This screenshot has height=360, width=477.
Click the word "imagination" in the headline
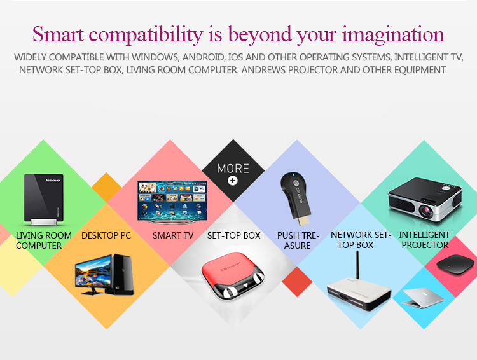click(393, 34)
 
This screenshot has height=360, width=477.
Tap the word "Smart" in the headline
click(58, 34)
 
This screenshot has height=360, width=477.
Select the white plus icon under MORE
click(233, 181)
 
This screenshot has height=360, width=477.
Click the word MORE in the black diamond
click(233, 169)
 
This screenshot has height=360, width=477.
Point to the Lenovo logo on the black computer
click(53, 180)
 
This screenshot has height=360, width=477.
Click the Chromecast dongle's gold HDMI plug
click(303, 219)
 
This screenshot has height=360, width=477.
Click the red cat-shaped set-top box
click(233, 279)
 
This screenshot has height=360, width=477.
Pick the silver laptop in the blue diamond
click(423, 297)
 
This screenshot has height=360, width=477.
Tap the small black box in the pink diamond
click(455, 265)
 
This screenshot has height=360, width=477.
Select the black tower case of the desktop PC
click(123, 275)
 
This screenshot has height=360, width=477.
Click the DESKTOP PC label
click(106, 235)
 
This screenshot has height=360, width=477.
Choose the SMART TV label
click(173, 235)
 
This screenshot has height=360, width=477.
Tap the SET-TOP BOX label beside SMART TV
click(233, 235)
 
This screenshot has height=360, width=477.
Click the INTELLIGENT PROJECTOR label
click(425, 240)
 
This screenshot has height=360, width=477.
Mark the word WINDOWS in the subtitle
click(156, 57)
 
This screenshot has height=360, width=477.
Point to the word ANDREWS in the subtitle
click(263, 70)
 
